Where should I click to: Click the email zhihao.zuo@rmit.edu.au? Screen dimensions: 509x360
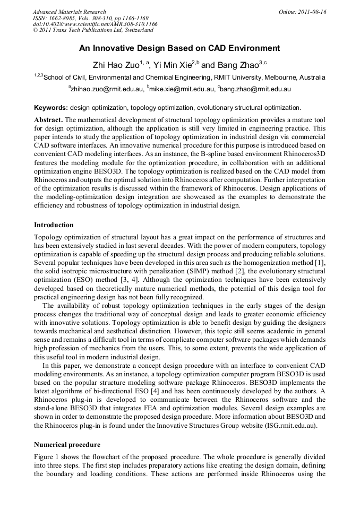point(106,89)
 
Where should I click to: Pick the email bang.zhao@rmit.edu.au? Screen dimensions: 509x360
point(255,89)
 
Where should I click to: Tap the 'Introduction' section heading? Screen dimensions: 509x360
point(54,225)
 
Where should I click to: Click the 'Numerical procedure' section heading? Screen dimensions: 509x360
point(67,444)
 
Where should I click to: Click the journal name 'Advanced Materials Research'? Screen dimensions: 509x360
point(69,12)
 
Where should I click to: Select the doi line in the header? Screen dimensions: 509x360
point(95,24)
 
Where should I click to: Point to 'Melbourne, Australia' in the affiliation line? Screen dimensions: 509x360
point(296,77)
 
